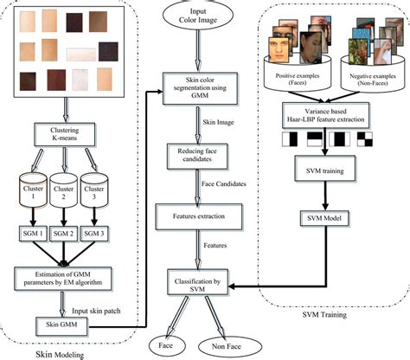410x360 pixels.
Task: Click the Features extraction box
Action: [x=203, y=212]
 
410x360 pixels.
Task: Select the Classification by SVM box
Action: [x=205, y=282]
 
